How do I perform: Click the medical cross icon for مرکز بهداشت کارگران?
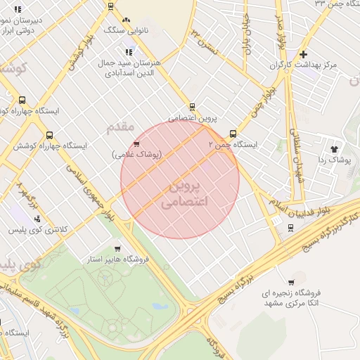[x=302, y=54]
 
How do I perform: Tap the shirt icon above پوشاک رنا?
[x=333, y=149]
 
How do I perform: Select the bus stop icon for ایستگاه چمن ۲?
[x=233, y=134]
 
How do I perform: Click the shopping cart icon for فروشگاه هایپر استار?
[x=117, y=249]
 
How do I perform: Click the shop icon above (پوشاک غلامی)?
[x=136, y=143]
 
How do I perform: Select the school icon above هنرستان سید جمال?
[x=129, y=52]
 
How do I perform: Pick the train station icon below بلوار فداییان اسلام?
[x=290, y=227]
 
